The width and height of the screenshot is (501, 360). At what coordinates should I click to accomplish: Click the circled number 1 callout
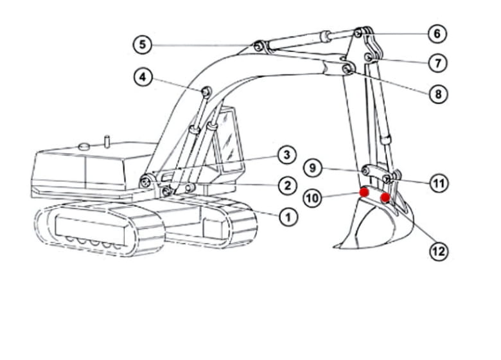click(x=288, y=217)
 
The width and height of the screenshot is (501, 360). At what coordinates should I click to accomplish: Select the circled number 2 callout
click(x=288, y=185)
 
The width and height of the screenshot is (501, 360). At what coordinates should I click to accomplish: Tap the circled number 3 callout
click(x=287, y=155)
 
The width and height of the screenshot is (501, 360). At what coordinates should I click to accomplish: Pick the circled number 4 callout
click(x=143, y=77)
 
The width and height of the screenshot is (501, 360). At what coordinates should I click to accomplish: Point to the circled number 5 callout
click(x=143, y=44)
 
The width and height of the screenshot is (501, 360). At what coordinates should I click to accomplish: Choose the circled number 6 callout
click(x=437, y=33)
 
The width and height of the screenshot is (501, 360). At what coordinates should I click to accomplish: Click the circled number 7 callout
click(x=438, y=63)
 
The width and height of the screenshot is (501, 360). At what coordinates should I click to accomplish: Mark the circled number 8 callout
click(x=438, y=94)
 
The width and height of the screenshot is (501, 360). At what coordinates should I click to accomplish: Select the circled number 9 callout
click(x=313, y=168)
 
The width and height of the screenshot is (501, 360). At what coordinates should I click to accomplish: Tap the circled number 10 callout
click(x=313, y=198)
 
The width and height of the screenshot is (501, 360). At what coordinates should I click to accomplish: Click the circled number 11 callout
click(x=439, y=183)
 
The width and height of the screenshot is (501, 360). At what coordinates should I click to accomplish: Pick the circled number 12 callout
click(x=439, y=251)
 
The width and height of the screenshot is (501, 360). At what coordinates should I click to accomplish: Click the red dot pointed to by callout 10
click(x=364, y=192)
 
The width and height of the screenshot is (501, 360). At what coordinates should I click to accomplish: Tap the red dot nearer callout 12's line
click(x=385, y=197)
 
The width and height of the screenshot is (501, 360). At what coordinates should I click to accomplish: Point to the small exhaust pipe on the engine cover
click(x=108, y=141)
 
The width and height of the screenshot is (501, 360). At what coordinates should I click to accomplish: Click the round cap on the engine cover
click(x=84, y=147)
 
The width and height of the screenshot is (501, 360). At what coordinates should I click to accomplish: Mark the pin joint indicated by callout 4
click(x=206, y=92)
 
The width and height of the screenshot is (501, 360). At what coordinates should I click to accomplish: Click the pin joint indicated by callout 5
click(x=258, y=47)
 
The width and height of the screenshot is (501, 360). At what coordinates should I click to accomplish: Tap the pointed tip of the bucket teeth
click(x=334, y=246)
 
